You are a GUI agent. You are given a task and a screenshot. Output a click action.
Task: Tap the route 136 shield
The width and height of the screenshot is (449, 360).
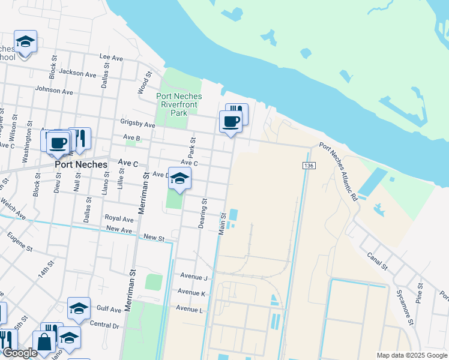(x=309, y=166)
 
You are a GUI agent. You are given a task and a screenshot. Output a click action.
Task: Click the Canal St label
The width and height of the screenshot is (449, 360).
(x=378, y=260)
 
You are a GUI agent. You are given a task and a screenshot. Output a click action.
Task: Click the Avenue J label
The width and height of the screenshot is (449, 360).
(x=193, y=277)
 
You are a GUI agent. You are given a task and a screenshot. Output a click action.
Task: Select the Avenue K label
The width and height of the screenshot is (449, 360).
(x=191, y=293)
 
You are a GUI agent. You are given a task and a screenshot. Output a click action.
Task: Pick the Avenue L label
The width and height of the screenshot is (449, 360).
(x=189, y=308)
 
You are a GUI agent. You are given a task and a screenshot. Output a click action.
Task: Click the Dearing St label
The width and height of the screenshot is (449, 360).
(x=203, y=214)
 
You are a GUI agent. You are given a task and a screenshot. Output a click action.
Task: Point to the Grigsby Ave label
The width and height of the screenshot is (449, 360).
(x=139, y=125)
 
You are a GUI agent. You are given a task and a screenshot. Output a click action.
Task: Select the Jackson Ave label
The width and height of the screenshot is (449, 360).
(x=78, y=74)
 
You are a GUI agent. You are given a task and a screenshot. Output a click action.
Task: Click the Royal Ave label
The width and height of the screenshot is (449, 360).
(x=119, y=218)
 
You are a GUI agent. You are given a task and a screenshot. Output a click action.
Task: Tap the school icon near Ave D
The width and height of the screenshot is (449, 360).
(x=179, y=178)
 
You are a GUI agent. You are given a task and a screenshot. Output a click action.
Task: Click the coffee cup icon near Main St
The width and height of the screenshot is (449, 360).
(x=231, y=121)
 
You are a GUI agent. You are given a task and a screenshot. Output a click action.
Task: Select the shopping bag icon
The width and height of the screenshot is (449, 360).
(x=44, y=342)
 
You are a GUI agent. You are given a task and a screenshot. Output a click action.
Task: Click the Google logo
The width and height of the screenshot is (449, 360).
(x=19, y=353)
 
